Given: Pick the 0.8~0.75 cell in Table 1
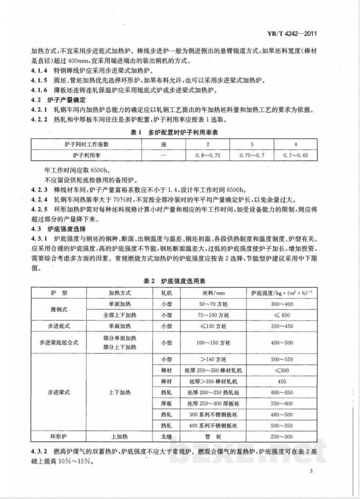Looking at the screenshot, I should click(208, 155).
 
